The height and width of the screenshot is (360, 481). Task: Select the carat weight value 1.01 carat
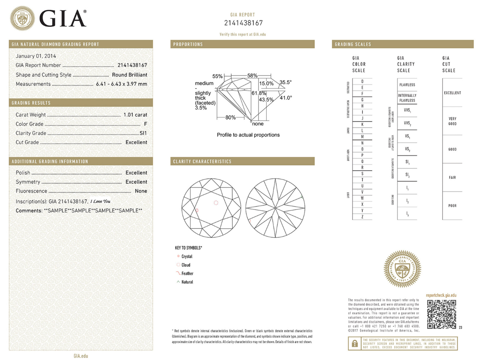[x=135, y=115]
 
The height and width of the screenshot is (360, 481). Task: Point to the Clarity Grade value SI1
[x=143, y=133]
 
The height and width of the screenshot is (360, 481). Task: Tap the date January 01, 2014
[x=36, y=56]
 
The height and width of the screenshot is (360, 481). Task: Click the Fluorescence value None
[x=141, y=191]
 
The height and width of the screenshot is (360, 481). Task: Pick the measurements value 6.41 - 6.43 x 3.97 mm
[x=121, y=84]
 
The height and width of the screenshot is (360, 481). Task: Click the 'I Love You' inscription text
[x=100, y=202]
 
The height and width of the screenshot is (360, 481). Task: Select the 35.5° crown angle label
[x=285, y=82]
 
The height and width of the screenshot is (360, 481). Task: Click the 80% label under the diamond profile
[x=231, y=117]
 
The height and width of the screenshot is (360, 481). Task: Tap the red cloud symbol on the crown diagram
[x=216, y=203]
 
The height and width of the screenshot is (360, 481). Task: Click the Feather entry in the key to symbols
[x=187, y=273]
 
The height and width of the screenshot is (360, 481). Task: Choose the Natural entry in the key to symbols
[x=187, y=282]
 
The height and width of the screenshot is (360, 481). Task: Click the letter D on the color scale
[x=362, y=81]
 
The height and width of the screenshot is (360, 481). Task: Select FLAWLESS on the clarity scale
[x=407, y=85]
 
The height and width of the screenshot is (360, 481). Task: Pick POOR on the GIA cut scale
[x=452, y=206]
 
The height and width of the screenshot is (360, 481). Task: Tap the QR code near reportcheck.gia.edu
[x=441, y=314]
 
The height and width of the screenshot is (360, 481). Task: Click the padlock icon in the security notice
[x=355, y=343]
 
